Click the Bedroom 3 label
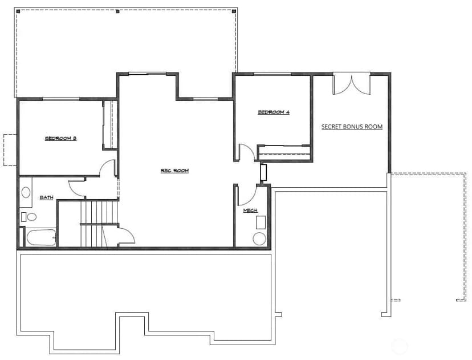[x=60, y=138]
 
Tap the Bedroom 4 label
[x=274, y=112]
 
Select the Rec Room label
[x=174, y=171]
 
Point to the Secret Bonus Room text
[x=352, y=127]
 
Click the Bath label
[x=46, y=197]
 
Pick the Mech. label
[x=250, y=211]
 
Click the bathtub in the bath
[x=42, y=238]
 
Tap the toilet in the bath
[x=29, y=217]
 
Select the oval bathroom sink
[x=26, y=192]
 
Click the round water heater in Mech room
[x=259, y=239]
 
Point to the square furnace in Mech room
[x=261, y=223]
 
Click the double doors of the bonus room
[x=351, y=85]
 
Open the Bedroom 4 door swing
[x=247, y=152]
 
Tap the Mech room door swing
[x=246, y=195]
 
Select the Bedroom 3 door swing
[x=108, y=168]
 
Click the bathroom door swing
[x=77, y=189]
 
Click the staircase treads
[x=99, y=224]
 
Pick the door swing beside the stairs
[x=127, y=236]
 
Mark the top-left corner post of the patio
[x=18, y=11]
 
